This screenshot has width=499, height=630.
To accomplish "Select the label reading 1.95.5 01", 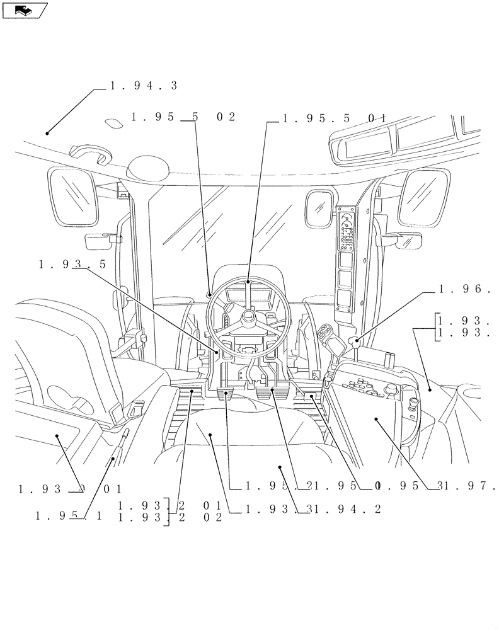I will point(334,118).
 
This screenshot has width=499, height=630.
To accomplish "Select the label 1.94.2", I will point(353,510).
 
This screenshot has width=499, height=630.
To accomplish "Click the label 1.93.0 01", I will point(70,488).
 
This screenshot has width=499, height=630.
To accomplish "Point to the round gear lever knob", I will point(356,343).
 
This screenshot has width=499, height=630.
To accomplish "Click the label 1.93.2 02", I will point(170,518).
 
